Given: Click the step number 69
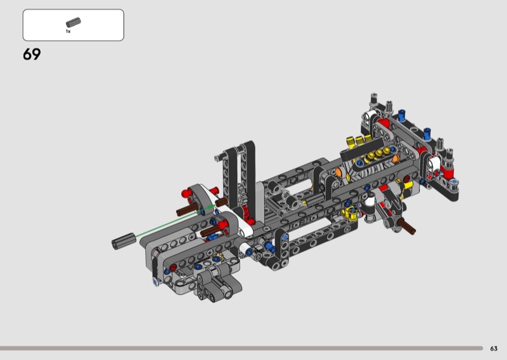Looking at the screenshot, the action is point(32,55).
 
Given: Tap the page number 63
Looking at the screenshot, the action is point(494,349).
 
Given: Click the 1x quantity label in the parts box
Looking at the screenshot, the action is point(68,32).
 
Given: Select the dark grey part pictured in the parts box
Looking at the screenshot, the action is point(74,22).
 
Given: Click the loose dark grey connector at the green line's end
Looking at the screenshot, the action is point(124,241).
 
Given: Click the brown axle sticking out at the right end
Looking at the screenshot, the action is point(406,226).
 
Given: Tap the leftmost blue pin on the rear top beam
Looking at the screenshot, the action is point(402,115).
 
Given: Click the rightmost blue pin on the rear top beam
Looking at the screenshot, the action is point(427,134).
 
